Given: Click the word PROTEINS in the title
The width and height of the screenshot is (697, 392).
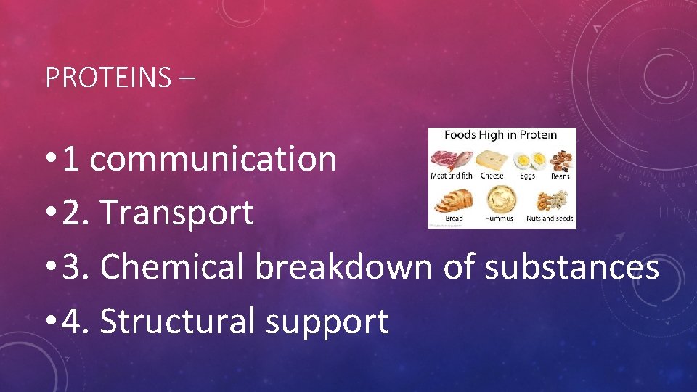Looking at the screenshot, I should tap(108, 77).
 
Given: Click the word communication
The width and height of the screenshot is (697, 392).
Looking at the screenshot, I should tap(213, 159).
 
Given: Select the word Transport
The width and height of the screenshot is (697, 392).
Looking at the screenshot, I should tap(177, 213).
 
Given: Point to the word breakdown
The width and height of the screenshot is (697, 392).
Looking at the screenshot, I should tap(343, 267).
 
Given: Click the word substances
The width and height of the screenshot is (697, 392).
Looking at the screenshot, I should tap(571, 267).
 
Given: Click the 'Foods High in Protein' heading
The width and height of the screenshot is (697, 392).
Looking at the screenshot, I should tap(501, 134).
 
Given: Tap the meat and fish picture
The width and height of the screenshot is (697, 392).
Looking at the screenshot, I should tap(451, 159).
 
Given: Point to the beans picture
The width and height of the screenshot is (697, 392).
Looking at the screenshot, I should tap(560, 159).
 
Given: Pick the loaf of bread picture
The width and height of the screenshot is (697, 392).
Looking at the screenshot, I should tap(454, 199).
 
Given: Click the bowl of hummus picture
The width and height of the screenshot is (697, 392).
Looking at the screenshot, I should tap(500, 198).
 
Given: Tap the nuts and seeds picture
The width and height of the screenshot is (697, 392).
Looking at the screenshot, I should tap(550, 200).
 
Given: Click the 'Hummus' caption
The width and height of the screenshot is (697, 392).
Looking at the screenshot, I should tap(500, 218).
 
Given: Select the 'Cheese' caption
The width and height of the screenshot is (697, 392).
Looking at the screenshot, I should tap(492, 176).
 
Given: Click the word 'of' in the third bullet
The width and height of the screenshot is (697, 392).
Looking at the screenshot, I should tap(458, 267).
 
